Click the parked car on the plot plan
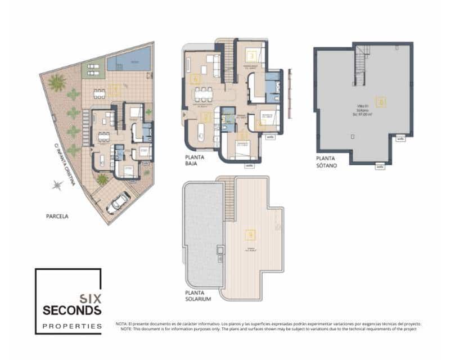tap(118, 203)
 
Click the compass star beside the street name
tap(56, 184)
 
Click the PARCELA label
tap(57, 215)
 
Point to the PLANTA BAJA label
tap(194, 160)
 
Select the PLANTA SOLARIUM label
tap(198, 296)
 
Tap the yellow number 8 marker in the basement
tap(382, 102)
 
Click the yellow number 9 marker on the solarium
tap(250, 235)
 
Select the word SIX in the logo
tap(89, 299)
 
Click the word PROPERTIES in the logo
tap(73, 326)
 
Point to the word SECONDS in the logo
tap(72, 310)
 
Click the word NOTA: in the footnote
tap(122, 324)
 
